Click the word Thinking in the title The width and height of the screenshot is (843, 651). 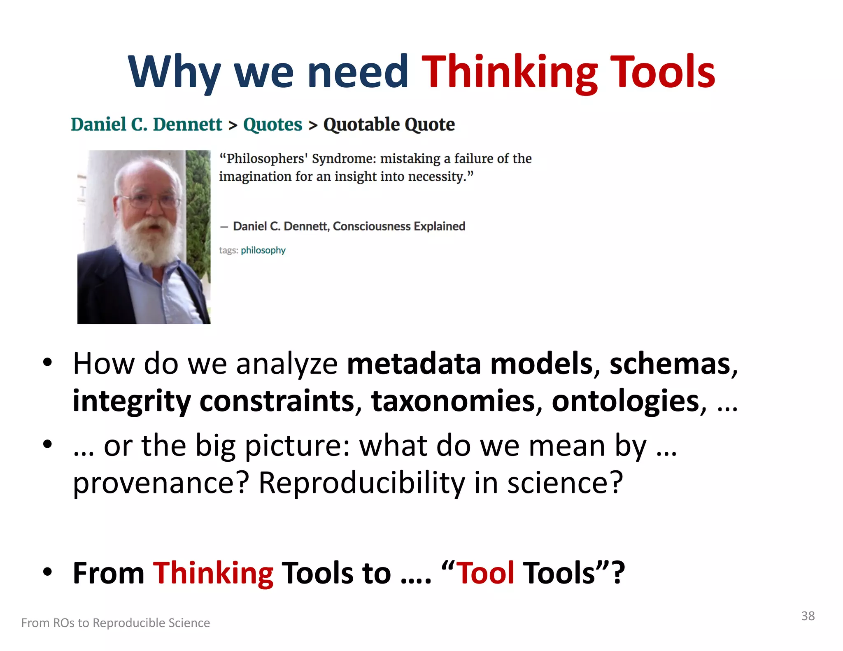tap(510, 72)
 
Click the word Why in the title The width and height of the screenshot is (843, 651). tap(174, 72)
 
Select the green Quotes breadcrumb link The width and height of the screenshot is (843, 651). tap(272, 124)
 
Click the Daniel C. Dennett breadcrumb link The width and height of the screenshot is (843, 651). tap(146, 124)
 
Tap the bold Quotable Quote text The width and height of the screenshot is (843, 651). tap(389, 124)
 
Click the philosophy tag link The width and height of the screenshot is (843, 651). tap(263, 250)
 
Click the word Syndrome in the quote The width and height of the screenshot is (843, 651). tap(344, 158)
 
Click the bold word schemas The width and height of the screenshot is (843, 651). tap(670, 364)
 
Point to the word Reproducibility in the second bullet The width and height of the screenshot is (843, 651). tap(361, 482)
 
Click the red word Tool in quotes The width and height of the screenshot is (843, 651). tap(486, 572)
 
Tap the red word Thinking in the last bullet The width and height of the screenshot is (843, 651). tap(213, 572)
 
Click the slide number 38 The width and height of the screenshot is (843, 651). tap(808, 616)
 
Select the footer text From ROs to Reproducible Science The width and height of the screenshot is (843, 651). tap(116, 623)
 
